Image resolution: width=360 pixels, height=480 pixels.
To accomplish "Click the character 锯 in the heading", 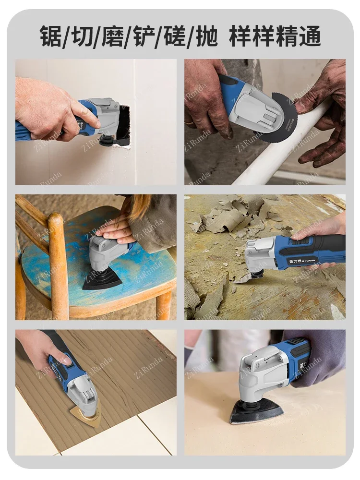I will click(x=51, y=36).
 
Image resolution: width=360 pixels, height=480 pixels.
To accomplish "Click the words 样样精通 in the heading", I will click(x=275, y=36).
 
